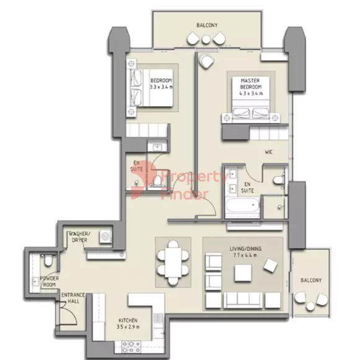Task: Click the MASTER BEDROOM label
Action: [x=251, y=84]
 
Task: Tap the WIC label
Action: [x=269, y=152]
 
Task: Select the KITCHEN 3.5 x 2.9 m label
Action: [x=128, y=323]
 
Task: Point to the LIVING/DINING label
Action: [x=245, y=249]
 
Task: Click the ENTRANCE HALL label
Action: [x=73, y=298]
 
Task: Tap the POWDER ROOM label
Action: [x=50, y=281]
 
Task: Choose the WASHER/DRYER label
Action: [x=79, y=236]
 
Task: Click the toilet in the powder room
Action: [x=48, y=260]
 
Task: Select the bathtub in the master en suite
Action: [x=243, y=205]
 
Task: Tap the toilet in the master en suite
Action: [x=279, y=180]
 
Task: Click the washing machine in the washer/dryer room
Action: [x=106, y=236]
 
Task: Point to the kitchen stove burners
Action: [x=132, y=347]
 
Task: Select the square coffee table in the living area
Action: [x=243, y=273]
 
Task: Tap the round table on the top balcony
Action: [x=206, y=40]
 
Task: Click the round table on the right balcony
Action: [x=310, y=307]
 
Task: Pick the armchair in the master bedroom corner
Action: [x=207, y=60]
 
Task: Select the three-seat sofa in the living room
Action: [x=243, y=300]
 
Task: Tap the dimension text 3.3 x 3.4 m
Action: [x=161, y=87]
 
